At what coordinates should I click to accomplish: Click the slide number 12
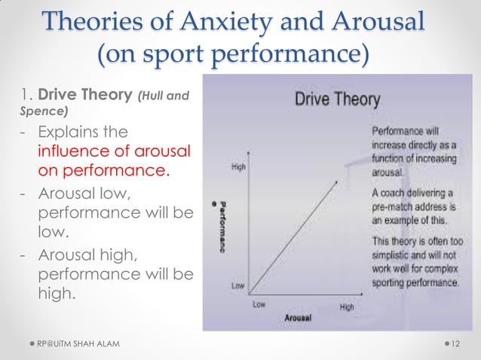pos(455,344)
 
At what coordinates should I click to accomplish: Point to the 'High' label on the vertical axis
pos(238,166)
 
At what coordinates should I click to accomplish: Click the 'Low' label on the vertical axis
pos(238,286)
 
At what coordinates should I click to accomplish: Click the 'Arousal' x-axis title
pos(299,318)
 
